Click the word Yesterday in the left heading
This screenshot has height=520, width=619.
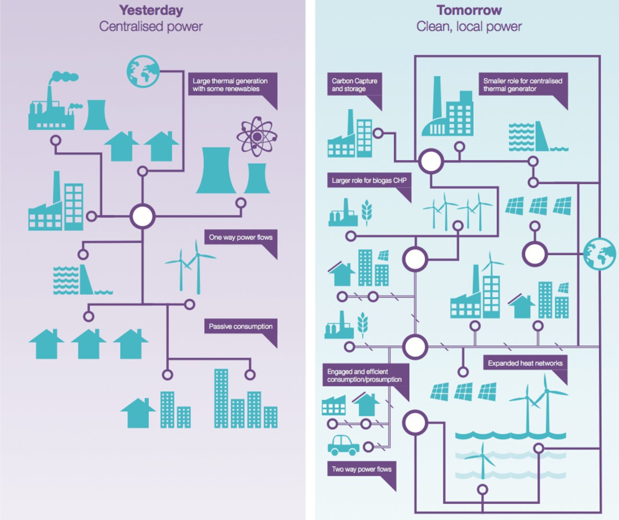(x=151, y=10)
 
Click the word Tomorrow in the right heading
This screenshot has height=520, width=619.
(x=469, y=10)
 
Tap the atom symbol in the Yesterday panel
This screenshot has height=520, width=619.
(x=257, y=137)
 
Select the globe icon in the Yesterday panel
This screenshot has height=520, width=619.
(x=143, y=71)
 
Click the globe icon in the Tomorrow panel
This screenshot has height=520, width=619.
(x=600, y=254)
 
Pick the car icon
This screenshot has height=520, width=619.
(x=344, y=445)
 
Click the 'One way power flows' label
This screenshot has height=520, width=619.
(x=240, y=237)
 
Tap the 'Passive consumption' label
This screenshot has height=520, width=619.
(x=240, y=326)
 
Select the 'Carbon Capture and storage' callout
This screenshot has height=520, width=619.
(x=355, y=85)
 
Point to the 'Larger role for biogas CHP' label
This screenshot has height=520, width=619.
(x=369, y=181)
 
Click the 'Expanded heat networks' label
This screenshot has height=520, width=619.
(x=525, y=363)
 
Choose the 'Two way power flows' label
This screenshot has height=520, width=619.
(x=362, y=469)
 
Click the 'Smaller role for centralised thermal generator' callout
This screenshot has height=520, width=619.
(x=523, y=85)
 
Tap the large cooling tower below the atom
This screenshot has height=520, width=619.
(x=215, y=171)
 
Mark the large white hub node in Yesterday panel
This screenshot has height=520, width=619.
(x=143, y=216)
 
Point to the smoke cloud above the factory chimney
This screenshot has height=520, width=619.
(x=64, y=77)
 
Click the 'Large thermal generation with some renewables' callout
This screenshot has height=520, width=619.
(x=230, y=85)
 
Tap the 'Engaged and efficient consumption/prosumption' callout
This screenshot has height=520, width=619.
(x=365, y=375)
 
